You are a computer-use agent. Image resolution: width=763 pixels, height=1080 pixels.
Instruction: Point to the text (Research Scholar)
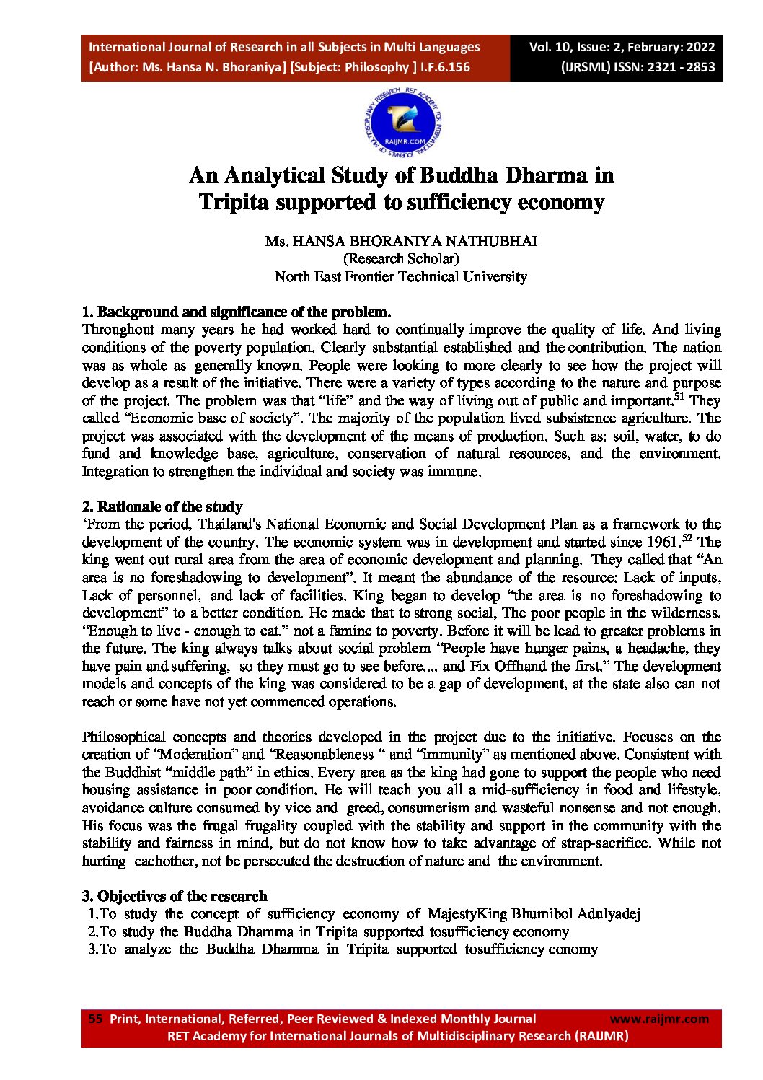click(x=401, y=258)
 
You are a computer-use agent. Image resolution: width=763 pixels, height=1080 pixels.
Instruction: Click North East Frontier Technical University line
click(x=401, y=276)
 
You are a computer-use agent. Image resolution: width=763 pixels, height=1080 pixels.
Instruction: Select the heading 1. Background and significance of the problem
click(x=237, y=312)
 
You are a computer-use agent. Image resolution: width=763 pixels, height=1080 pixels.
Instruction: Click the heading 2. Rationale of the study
click(x=162, y=506)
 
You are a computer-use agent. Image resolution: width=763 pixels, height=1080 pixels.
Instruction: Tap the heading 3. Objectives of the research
click(x=175, y=896)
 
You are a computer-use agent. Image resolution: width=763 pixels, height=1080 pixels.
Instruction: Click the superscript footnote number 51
click(x=681, y=396)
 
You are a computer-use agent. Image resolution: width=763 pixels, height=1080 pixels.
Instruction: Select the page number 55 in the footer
click(x=95, y=1019)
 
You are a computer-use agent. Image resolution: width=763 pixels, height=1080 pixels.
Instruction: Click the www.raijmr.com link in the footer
click(x=659, y=1019)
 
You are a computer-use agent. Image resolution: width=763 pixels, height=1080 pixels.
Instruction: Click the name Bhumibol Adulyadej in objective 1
click(x=575, y=914)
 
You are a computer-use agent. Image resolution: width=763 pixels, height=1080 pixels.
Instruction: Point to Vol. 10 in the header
click(x=550, y=47)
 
